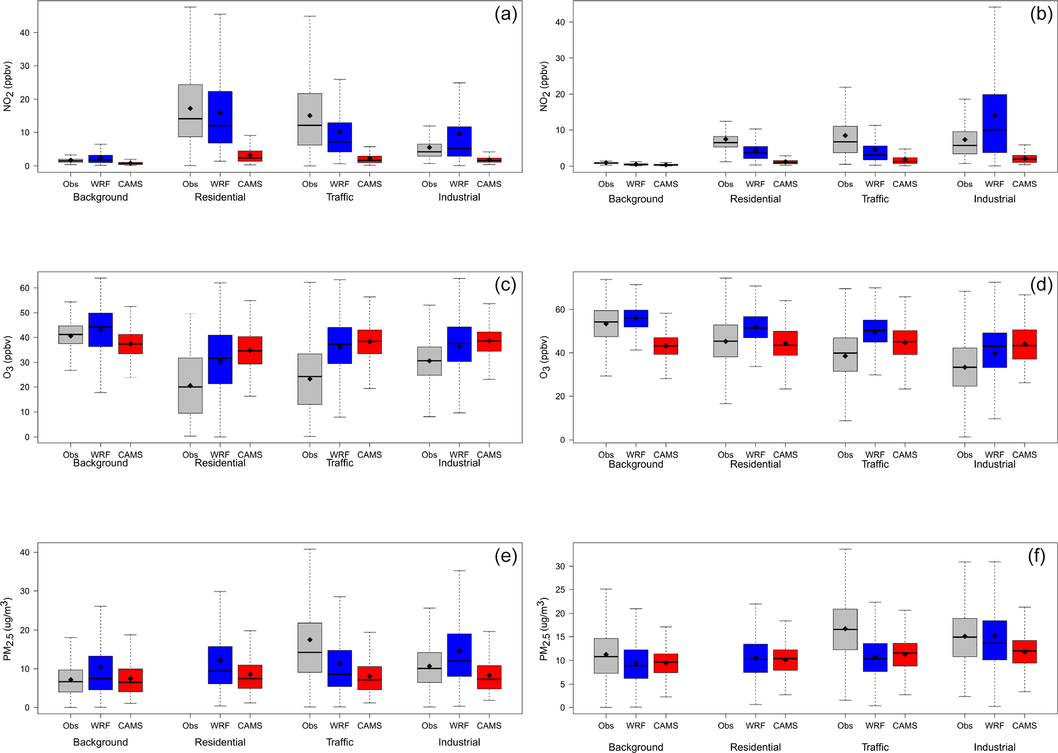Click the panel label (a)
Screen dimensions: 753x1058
click(505, 15)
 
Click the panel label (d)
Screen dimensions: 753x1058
click(1041, 285)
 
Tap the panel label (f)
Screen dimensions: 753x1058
click(1037, 556)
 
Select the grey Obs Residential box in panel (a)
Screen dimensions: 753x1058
click(190, 111)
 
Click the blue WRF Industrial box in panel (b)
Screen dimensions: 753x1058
click(995, 123)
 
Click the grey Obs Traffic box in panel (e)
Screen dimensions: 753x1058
click(310, 648)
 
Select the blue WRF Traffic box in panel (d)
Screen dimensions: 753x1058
click(875, 331)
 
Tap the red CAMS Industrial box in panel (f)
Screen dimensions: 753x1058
click(1025, 652)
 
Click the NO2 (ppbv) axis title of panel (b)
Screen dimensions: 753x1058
click(544, 87)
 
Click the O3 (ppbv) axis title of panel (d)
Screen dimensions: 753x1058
click(544, 357)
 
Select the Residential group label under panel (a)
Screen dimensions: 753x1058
click(220, 198)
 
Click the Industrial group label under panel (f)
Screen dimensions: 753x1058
click(995, 747)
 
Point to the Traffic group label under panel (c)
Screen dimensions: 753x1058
click(340, 463)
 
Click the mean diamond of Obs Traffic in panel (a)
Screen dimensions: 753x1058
click(310, 116)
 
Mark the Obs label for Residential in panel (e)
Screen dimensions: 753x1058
click(190, 726)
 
